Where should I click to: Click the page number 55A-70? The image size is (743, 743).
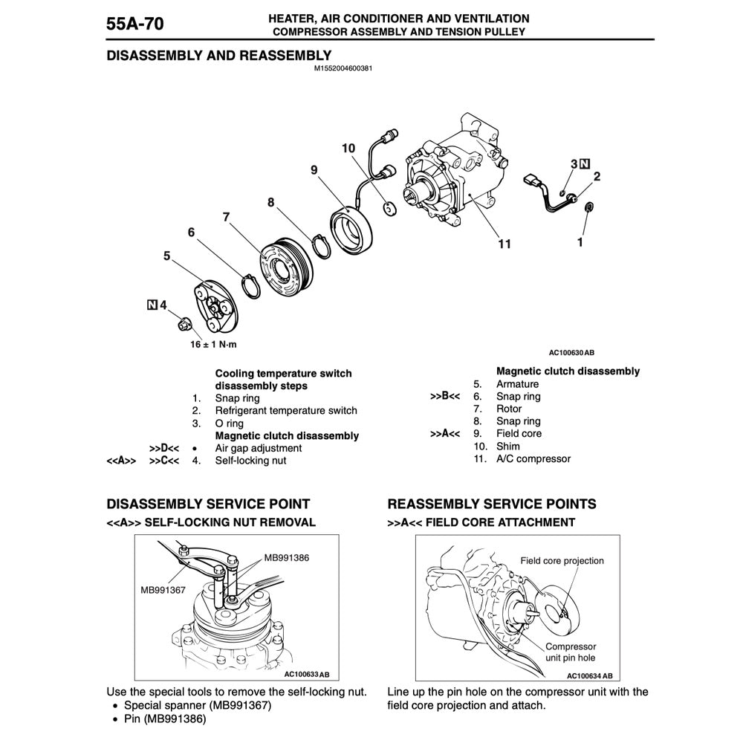135,25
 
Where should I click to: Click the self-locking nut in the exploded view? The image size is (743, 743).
184,323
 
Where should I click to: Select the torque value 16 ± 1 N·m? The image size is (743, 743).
214,345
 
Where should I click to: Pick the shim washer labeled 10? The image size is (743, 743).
388,207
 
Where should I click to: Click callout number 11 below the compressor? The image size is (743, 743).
504,244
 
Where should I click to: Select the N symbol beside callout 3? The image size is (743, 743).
585,163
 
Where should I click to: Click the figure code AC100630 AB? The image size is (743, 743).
572,353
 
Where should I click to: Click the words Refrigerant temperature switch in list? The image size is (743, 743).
285,411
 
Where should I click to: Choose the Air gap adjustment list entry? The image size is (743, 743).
258,448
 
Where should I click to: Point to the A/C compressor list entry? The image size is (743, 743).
533,458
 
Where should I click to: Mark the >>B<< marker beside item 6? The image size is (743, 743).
444,397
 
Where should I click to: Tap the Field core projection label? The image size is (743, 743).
562,561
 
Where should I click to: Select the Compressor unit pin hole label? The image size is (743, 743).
571,652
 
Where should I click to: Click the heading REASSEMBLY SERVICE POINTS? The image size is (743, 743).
492,504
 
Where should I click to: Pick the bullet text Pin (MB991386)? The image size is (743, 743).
164,718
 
